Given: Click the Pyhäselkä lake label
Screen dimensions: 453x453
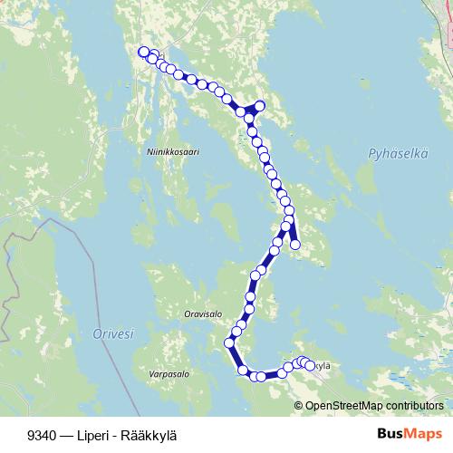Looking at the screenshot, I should tap(399, 155).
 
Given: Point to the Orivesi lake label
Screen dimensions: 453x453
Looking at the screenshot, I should tap(113, 334).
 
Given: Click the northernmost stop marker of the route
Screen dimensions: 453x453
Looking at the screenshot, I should tap(142, 52).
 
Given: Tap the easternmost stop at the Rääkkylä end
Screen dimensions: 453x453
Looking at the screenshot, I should tap(311, 366).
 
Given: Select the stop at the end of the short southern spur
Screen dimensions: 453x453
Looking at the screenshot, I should tap(294, 244).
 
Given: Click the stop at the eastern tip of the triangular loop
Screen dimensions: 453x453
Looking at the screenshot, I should tap(260, 106).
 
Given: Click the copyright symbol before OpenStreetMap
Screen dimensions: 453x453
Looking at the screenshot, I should tap(299, 406).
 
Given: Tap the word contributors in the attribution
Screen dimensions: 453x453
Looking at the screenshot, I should tap(410, 406).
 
